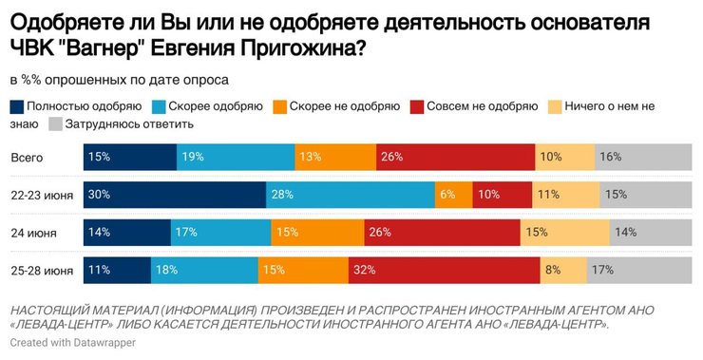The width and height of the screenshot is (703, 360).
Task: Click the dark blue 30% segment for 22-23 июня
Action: (175, 194)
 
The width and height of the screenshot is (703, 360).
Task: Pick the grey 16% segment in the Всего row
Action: (643, 156)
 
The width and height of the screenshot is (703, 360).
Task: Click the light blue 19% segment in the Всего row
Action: (236, 156)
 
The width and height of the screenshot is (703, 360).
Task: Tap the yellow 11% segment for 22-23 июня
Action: (566, 194)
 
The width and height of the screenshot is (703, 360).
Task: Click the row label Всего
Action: (27, 156)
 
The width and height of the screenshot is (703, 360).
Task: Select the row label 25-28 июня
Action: (41, 271)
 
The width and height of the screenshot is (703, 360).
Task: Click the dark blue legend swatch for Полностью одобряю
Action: (17, 105)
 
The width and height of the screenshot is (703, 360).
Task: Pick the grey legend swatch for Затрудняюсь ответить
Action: (55, 123)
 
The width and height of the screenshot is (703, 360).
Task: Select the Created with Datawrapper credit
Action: (72, 342)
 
